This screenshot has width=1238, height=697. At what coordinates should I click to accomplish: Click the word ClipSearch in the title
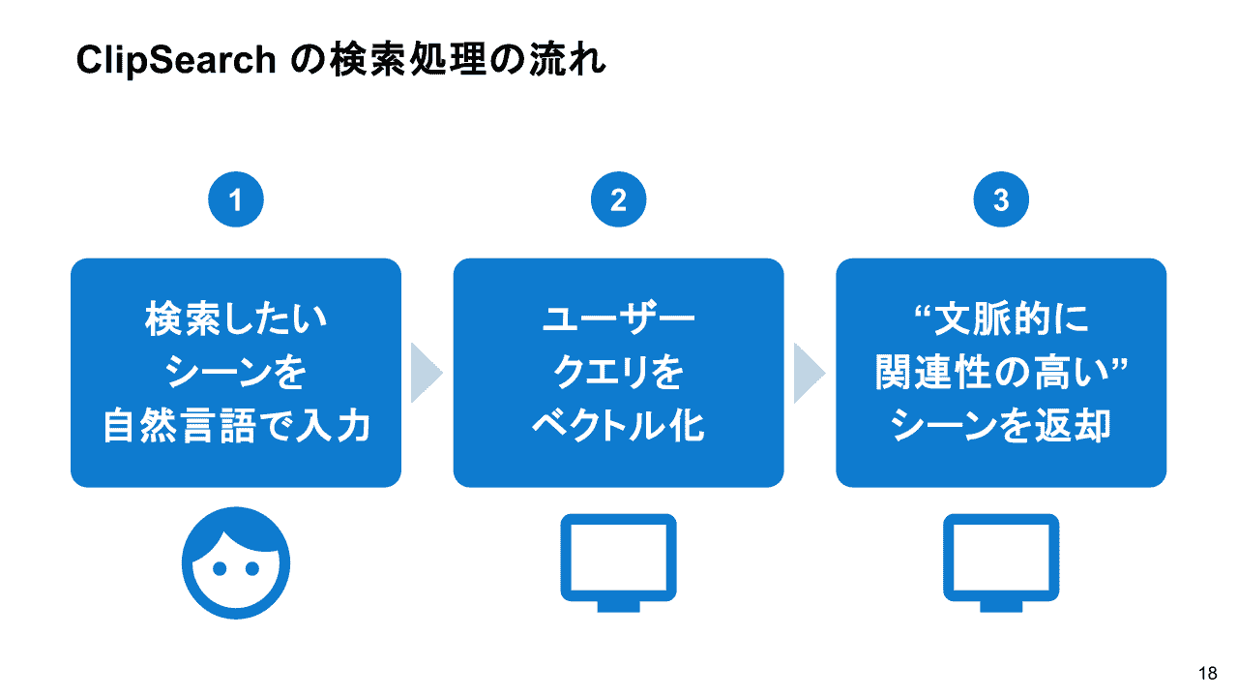click(x=176, y=60)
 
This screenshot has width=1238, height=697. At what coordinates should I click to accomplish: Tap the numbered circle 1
click(x=235, y=199)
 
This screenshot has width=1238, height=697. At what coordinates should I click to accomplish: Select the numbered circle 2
click(x=618, y=199)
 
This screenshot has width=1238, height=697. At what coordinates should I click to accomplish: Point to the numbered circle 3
click(x=1001, y=199)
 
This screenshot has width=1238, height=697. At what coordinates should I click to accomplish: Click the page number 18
click(x=1208, y=673)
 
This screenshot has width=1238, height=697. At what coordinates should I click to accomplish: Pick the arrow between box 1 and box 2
click(x=426, y=373)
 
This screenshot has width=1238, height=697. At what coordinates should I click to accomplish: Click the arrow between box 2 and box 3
click(x=809, y=373)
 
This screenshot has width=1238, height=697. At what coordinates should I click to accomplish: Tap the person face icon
click(x=235, y=563)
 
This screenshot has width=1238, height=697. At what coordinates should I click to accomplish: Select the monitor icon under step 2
click(x=618, y=562)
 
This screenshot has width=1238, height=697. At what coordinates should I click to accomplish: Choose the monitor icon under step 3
click(x=1001, y=562)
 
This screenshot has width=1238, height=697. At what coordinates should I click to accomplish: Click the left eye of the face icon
click(x=220, y=568)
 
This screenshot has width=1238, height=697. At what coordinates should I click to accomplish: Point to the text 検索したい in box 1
click(x=236, y=318)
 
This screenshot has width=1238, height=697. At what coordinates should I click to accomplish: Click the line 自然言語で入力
click(x=236, y=425)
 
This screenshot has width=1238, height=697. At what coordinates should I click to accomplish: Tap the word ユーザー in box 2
click(x=618, y=318)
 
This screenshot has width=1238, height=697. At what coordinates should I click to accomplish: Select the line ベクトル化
click(x=618, y=425)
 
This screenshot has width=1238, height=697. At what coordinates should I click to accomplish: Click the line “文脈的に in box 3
click(x=1001, y=318)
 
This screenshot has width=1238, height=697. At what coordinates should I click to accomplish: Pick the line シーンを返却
click(x=1001, y=425)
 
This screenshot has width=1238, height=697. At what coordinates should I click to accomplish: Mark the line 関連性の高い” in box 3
click(x=1001, y=372)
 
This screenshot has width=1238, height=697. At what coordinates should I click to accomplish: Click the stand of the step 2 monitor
click(x=618, y=606)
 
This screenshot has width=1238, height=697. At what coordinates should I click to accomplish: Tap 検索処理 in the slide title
click(x=408, y=60)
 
